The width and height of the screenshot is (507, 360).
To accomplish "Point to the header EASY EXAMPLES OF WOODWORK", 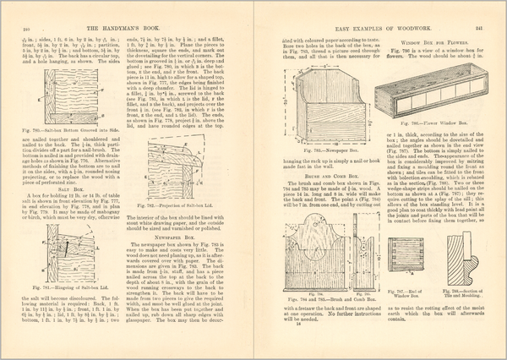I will pyautogui.click(x=380, y=8).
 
